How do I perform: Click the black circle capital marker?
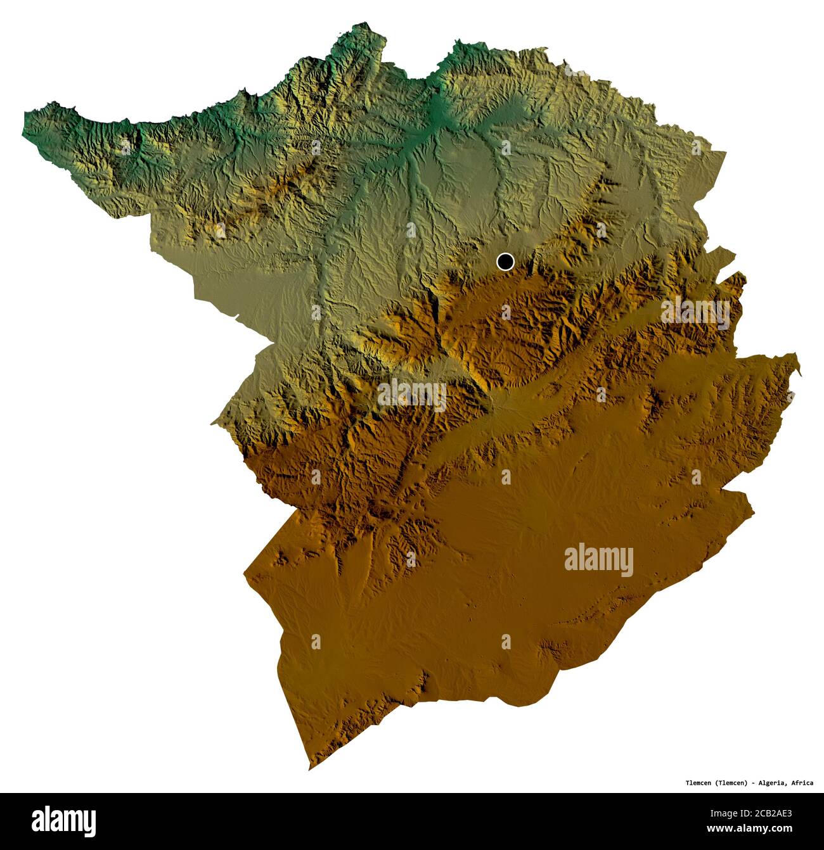coord(505,262)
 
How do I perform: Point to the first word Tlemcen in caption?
coord(699,783)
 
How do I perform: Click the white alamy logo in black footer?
coord(64,821)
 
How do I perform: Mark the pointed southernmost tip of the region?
coord(309,769)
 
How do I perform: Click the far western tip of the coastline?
coord(25,115)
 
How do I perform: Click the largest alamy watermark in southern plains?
coord(598,560)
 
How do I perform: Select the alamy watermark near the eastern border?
coord(695,312)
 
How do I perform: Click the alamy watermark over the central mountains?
coord(412,395)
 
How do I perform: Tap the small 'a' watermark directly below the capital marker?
coord(505,312)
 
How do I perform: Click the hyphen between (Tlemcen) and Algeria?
coord(753,783)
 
